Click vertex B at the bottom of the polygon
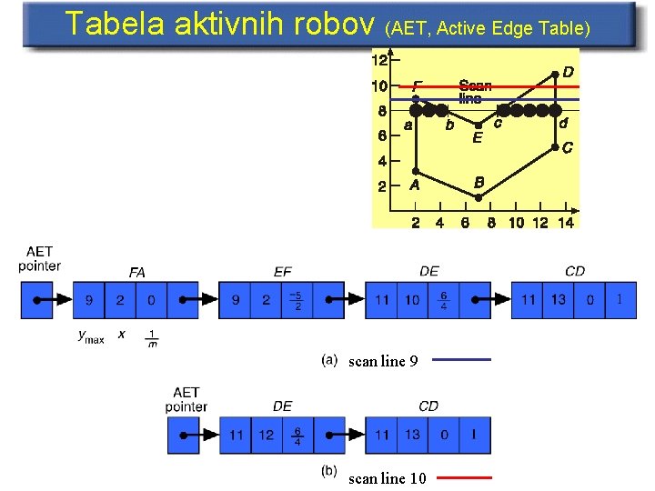pos(479,196)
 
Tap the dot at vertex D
pos(556,74)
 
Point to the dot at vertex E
pos(479,125)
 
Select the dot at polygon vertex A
pos(416,171)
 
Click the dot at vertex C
pos(556,146)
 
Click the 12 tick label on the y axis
pos(379,60)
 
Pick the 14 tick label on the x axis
pos(566,223)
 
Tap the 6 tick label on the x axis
pos(465,223)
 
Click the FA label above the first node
pos(137,272)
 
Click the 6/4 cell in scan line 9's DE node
pos(443,300)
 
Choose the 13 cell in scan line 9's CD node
pos(558,300)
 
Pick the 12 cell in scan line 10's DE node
pos(266,436)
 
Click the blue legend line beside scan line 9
pos(461,360)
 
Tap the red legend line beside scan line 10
pos(461,476)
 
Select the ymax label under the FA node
pos(91,336)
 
